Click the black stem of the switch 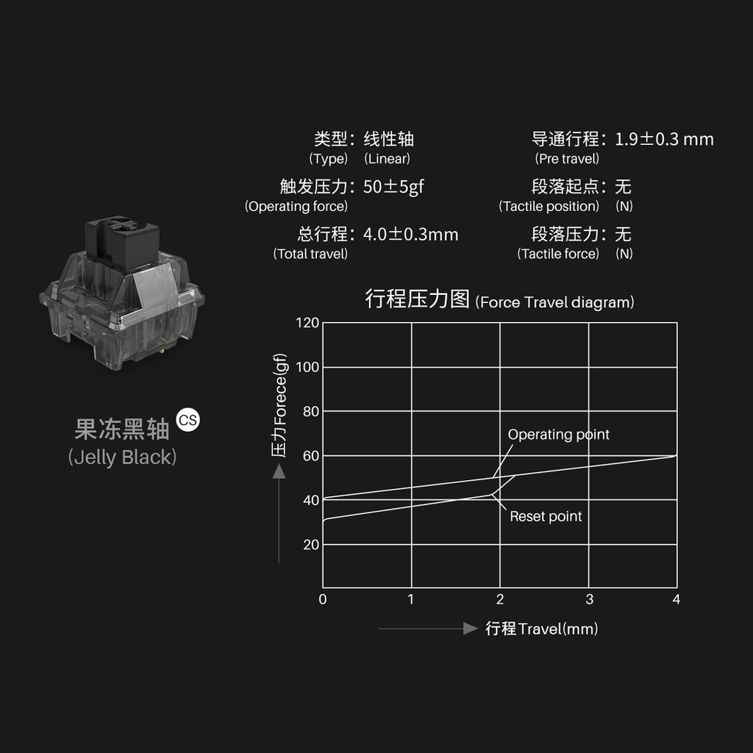tap(122, 239)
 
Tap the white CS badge tap(188, 421)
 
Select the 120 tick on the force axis tap(307, 322)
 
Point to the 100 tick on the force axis tap(307, 367)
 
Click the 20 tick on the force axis tap(311, 545)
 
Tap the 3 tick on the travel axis tap(589, 599)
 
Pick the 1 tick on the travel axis tap(410, 599)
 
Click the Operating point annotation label tap(558, 435)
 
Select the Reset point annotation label tap(546, 516)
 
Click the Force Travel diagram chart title tap(499, 300)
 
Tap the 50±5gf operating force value tap(393, 187)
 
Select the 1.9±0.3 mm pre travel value tap(664, 139)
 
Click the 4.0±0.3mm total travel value tap(410, 235)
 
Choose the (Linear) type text tap(387, 159)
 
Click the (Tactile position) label tap(549, 207)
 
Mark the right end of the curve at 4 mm tap(675, 456)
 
